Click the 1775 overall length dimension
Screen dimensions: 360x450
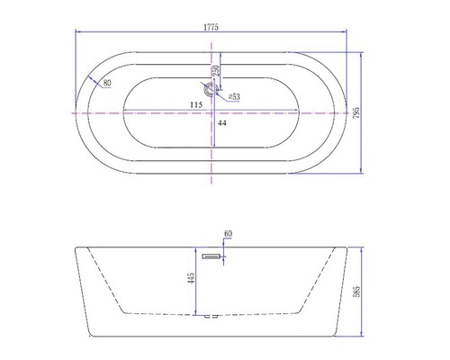(211, 28)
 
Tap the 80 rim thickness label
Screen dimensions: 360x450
(107, 84)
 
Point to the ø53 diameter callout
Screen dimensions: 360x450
(233, 95)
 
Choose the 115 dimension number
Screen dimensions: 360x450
(194, 104)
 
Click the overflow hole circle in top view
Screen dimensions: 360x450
(211, 89)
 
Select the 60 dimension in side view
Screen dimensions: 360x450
(228, 234)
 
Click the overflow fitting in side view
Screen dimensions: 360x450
(213, 255)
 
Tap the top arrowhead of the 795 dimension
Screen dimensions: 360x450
(363, 53)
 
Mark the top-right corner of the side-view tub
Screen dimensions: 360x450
(348, 245)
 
